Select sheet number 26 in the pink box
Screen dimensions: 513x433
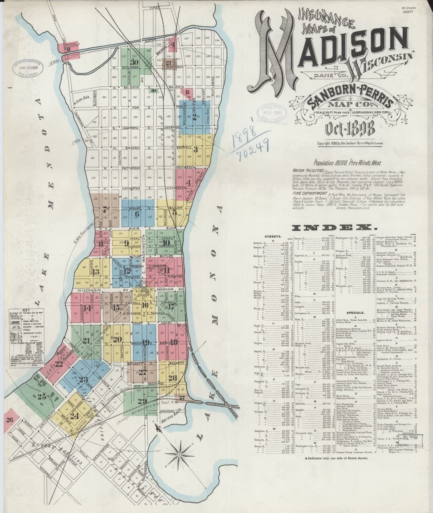click(x=9, y=419)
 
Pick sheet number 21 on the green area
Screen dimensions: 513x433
click(x=87, y=341)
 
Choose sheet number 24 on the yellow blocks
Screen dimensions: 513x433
click(x=75, y=415)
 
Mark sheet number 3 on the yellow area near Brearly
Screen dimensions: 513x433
click(x=195, y=149)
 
